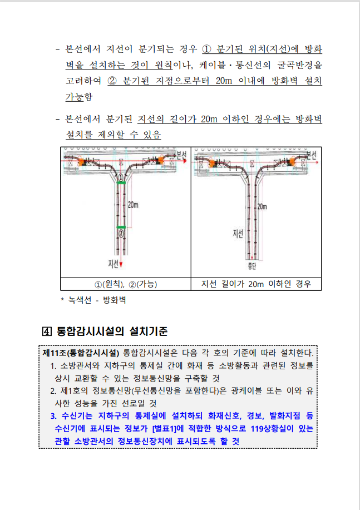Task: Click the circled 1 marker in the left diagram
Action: (121, 176)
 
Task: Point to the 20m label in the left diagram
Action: (133, 204)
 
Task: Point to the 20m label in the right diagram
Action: (262, 206)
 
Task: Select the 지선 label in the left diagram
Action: (114, 263)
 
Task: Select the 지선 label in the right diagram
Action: (238, 234)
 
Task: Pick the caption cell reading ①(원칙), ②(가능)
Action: (125, 284)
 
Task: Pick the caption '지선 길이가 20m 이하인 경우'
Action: (256, 284)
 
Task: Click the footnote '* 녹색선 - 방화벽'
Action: (93, 300)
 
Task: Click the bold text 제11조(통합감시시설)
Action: (81, 353)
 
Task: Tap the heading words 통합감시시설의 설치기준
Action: (112, 331)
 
